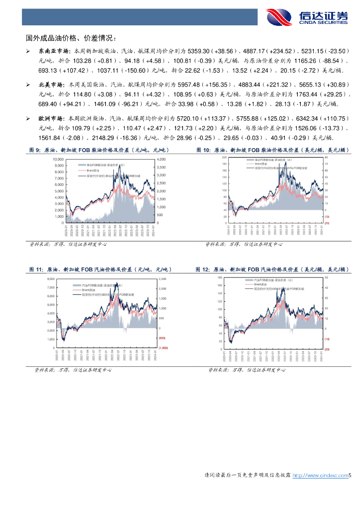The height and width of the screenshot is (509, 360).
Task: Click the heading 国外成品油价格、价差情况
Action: coord(72,37)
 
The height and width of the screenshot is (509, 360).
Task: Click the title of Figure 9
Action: coord(99,150)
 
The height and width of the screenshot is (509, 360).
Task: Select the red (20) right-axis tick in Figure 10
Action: coord(327,223)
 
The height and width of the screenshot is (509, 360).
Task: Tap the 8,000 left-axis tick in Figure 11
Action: coord(50,279)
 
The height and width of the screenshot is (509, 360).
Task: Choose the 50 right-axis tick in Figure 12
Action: coord(326,277)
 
